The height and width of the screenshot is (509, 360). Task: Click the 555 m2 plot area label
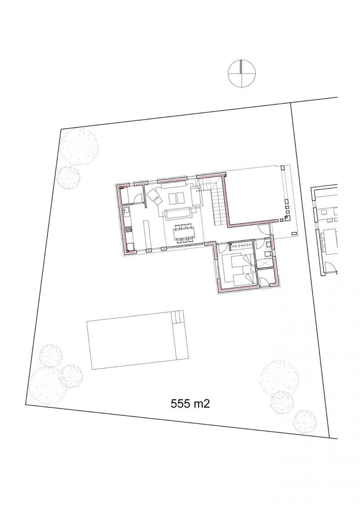pyautogui.click(x=190, y=404)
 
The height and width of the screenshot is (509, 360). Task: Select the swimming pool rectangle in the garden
pyautogui.click(x=137, y=339)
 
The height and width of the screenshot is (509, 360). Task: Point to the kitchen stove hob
pyautogui.click(x=128, y=229)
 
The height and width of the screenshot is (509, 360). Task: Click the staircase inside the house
pyautogui.click(x=218, y=207)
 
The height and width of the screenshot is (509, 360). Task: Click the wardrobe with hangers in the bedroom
pyautogui.click(x=240, y=246)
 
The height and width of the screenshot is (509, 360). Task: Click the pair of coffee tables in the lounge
pyautogui.click(x=176, y=198)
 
